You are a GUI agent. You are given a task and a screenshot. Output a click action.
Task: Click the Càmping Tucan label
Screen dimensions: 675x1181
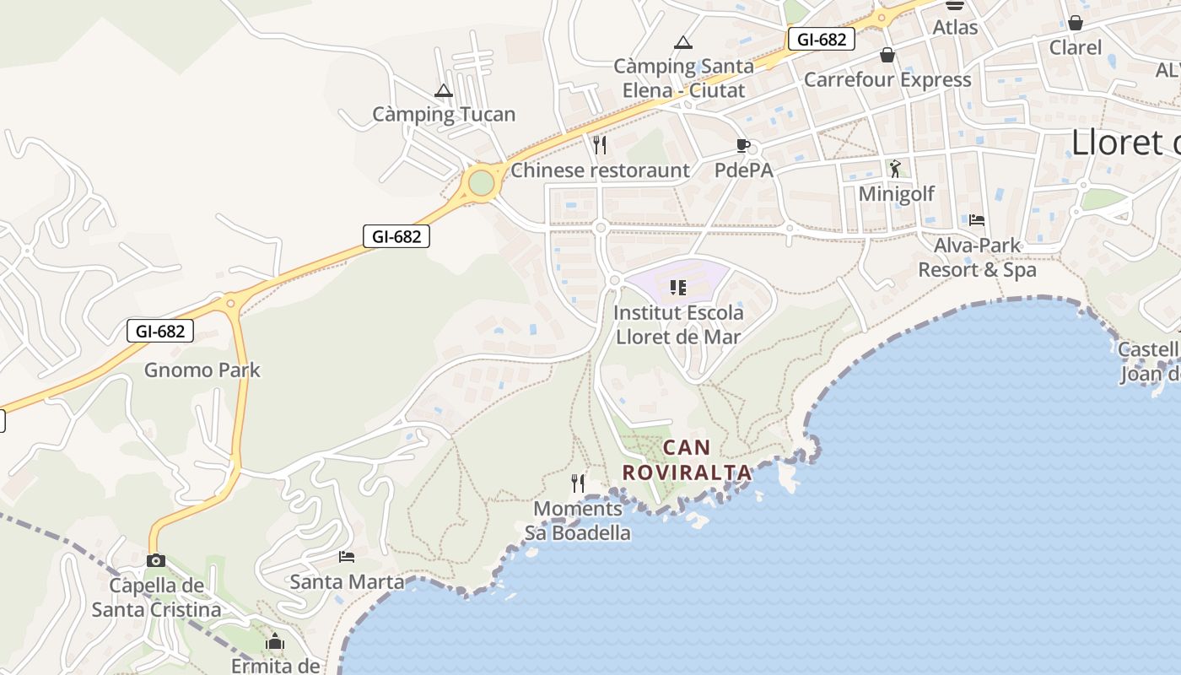click(x=444, y=115)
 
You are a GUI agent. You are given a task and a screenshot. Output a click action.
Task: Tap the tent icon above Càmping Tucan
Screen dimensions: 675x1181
click(x=444, y=90)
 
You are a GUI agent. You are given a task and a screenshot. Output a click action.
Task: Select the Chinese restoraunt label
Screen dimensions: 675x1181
click(x=600, y=170)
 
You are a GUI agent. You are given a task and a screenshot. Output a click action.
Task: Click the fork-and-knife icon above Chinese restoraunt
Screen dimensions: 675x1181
click(x=600, y=145)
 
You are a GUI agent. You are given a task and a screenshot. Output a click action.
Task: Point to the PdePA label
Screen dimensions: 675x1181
click(x=743, y=170)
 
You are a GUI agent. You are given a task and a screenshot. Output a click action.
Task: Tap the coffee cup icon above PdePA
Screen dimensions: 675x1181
click(x=743, y=145)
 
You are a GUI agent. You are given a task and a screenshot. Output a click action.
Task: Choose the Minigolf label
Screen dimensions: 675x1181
click(x=896, y=194)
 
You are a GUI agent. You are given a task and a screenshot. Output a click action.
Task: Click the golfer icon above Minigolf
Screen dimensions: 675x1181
click(x=895, y=169)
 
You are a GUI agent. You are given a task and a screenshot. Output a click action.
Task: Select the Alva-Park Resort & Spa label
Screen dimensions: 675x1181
click(x=977, y=257)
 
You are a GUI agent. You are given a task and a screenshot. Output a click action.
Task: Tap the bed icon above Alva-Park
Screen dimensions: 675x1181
click(x=977, y=220)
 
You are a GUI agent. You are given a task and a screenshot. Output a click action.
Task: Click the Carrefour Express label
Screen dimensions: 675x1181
click(x=887, y=80)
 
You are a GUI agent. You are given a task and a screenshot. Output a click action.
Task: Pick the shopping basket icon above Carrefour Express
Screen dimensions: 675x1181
click(x=887, y=56)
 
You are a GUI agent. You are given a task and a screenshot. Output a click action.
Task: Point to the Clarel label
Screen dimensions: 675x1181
click(x=1075, y=47)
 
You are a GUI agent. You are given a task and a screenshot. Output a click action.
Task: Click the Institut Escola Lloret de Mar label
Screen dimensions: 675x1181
click(x=678, y=325)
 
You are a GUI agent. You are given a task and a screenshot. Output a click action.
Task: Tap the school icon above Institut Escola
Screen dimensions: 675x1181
click(x=678, y=289)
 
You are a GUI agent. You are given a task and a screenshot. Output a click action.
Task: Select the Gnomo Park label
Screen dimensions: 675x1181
click(x=202, y=370)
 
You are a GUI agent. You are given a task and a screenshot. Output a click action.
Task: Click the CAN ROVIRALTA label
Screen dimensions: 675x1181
click(x=687, y=460)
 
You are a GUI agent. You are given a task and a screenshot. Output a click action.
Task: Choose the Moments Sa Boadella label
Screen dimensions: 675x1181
click(x=578, y=521)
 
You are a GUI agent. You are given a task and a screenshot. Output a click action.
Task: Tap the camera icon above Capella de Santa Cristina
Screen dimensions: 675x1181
click(x=155, y=560)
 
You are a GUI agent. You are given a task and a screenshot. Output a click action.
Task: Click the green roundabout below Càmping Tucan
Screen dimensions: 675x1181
click(x=481, y=182)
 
